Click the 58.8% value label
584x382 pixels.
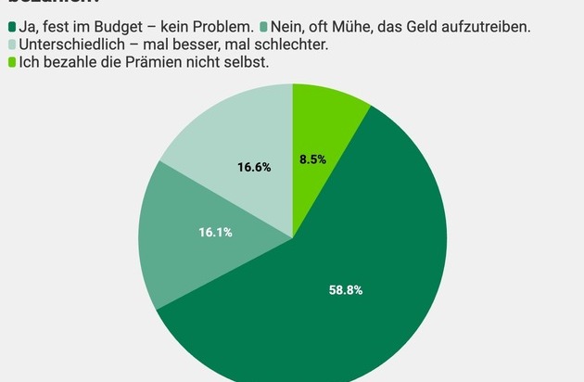point(346,290)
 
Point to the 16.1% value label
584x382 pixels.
point(215,231)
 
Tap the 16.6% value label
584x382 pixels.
point(254,167)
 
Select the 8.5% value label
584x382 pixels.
point(312,159)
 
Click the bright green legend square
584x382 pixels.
point(12,62)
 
